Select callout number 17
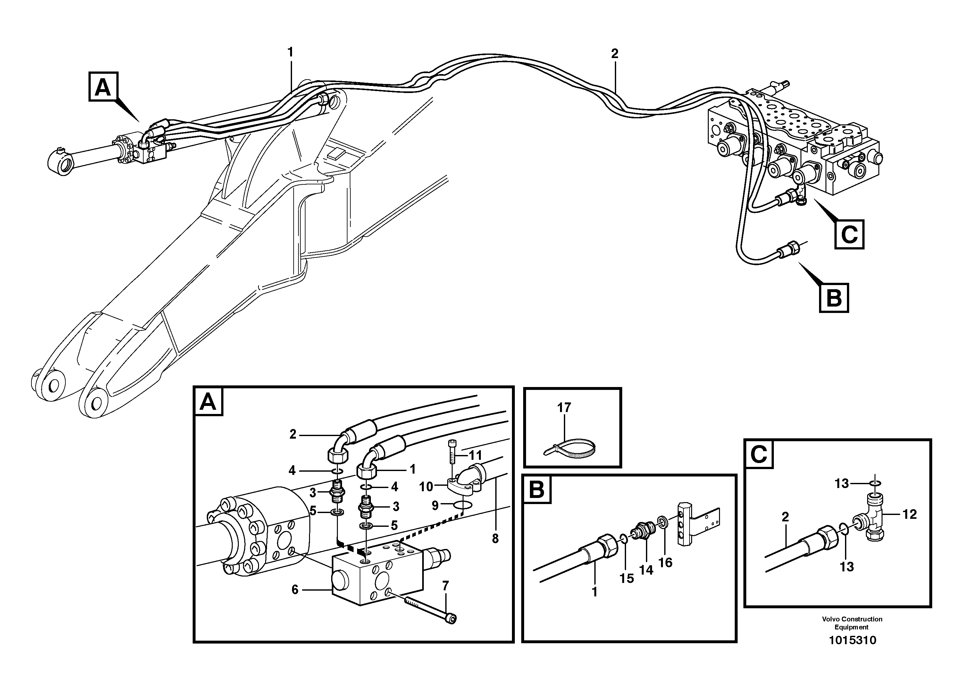click(564, 408)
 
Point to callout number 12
click(909, 514)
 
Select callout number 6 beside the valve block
click(295, 590)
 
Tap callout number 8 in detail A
click(495, 539)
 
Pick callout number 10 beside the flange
click(426, 487)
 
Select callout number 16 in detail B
click(665, 562)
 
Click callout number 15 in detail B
click(627, 578)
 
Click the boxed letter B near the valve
click(833, 298)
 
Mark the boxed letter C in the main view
click(849, 235)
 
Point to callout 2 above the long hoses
click(615, 54)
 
